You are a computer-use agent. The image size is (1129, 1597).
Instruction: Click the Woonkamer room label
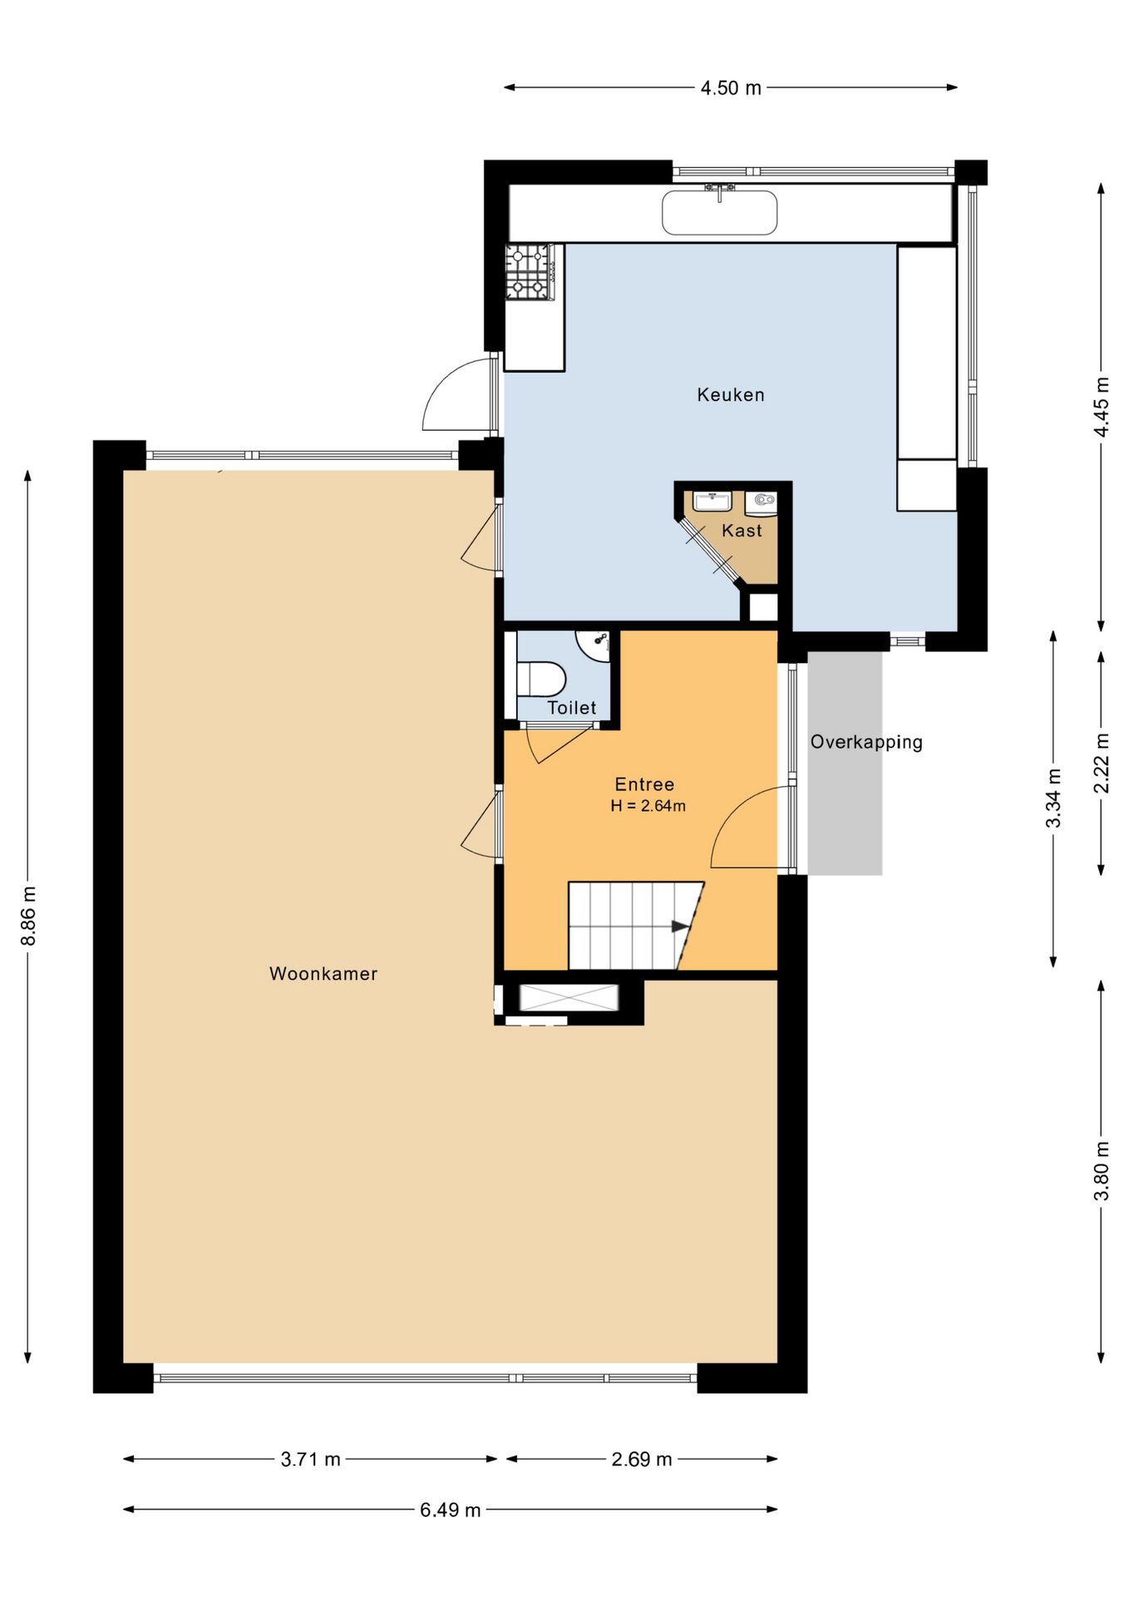(323, 973)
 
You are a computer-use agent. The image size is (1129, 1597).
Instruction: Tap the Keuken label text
(731, 394)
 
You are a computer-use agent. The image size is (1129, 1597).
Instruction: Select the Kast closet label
(742, 531)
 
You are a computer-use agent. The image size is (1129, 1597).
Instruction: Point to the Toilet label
(572, 708)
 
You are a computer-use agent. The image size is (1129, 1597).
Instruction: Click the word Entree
(644, 784)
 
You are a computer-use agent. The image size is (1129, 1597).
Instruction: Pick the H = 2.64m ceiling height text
(648, 805)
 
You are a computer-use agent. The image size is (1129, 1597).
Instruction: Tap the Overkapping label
(866, 742)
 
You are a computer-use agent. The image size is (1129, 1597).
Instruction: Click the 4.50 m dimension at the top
(731, 87)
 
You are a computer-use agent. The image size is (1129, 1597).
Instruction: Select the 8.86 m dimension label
(28, 916)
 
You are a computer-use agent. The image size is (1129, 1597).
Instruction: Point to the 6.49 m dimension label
(451, 1510)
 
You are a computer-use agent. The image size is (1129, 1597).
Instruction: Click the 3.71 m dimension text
(311, 1459)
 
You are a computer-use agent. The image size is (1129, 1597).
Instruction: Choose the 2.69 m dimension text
(642, 1459)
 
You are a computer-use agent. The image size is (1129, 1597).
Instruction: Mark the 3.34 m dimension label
(1053, 798)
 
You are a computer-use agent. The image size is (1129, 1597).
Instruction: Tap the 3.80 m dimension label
(1102, 1171)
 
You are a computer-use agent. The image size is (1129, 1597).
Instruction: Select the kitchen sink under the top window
(719, 211)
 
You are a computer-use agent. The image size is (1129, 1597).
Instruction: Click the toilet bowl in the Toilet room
(541, 678)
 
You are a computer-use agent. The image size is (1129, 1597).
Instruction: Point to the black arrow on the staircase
(681, 927)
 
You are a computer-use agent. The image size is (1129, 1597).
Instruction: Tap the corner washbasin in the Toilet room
(597, 644)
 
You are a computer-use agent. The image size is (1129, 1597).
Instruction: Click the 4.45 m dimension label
(1102, 407)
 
